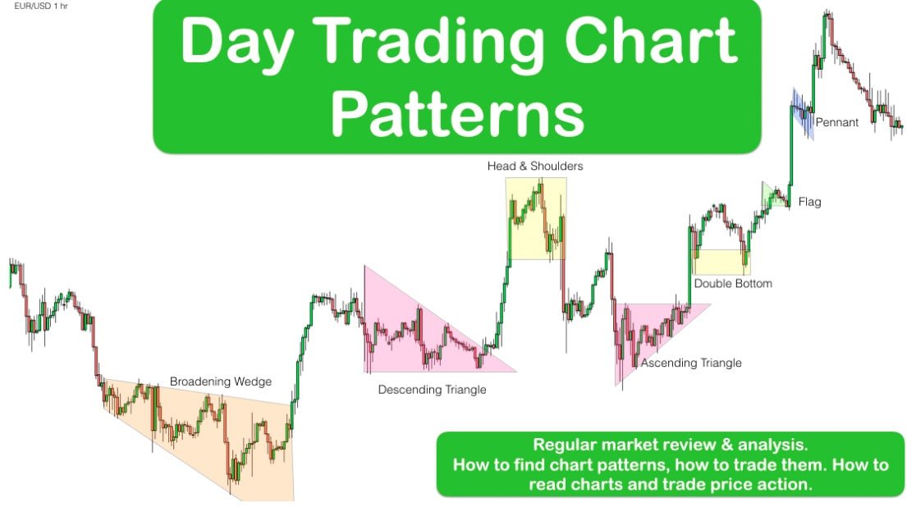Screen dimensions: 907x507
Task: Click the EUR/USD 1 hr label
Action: pyautogui.click(x=41, y=6)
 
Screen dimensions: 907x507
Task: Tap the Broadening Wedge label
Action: pyautogui.click(x=220, y=381)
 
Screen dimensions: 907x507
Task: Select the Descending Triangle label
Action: pyautogui.click(x=432, y=390)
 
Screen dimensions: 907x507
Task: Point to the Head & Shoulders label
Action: pyautogui.click(x=535, y=166)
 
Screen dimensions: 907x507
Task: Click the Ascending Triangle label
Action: pyautogui.click(x=690, y=363)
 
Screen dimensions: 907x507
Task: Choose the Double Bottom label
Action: pyautogui.click(x=733, y=283)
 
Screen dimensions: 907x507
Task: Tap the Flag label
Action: pyautogui.click(x=809, y=202)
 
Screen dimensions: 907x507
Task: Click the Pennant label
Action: pyautogui.click(x=837, y=122)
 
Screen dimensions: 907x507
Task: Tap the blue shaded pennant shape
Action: pyautogui.click(x=803, y=113)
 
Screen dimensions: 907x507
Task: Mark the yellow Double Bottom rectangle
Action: pyautogui.click(x=721, y=263)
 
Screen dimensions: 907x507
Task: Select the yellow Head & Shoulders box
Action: pyautogui.click(x=536, y=218)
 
